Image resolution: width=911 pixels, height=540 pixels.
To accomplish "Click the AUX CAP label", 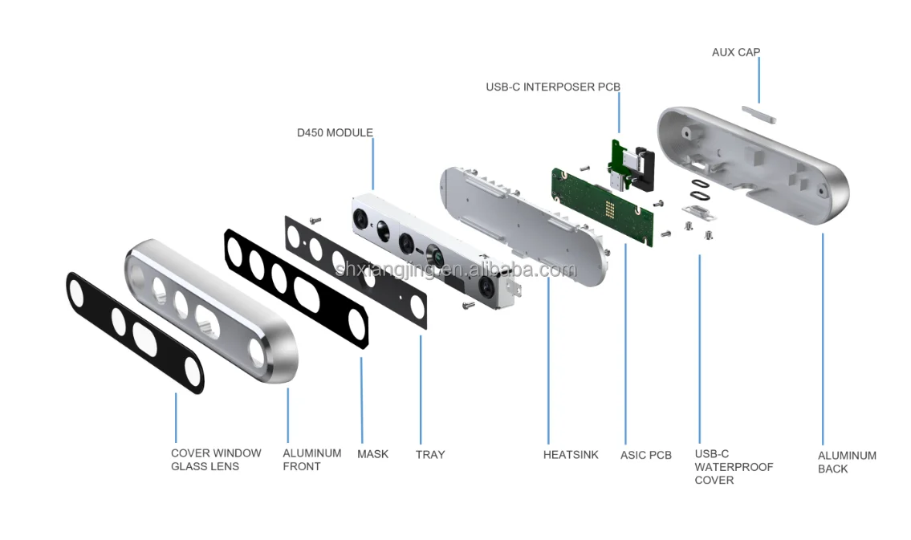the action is coord(735,52).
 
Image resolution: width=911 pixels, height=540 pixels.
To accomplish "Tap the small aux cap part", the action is coord(758,114).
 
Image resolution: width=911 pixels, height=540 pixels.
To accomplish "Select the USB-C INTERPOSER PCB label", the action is coord(553,87).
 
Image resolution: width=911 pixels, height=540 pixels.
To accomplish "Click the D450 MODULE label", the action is coord(335,133).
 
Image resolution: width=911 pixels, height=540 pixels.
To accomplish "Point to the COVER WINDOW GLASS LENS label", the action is coord(216,459).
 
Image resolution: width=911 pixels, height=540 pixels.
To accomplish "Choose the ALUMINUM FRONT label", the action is coord(312,459).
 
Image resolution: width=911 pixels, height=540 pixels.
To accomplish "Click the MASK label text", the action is coord(372,454).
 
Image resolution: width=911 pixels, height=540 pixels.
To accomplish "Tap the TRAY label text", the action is coord(430,455).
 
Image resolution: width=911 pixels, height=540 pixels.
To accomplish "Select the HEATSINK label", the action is coord(571,455).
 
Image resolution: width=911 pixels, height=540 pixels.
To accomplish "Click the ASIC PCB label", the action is coord(645,455).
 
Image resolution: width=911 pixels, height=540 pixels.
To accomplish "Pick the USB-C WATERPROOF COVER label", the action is coord(734,467).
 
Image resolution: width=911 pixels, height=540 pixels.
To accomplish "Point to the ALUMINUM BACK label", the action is coord(847,462).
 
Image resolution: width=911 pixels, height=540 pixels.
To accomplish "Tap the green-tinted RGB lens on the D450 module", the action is coord(435,256).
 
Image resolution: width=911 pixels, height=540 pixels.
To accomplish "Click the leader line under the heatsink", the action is coord(548,361).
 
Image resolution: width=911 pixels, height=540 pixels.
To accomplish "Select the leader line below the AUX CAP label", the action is coord(758,81).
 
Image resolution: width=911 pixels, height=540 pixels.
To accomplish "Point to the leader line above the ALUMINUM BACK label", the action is coord(823,339).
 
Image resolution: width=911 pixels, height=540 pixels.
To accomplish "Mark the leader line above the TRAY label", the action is coord(421,390).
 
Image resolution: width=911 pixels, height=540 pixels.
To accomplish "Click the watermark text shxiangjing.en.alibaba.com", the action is coord(457,270).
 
